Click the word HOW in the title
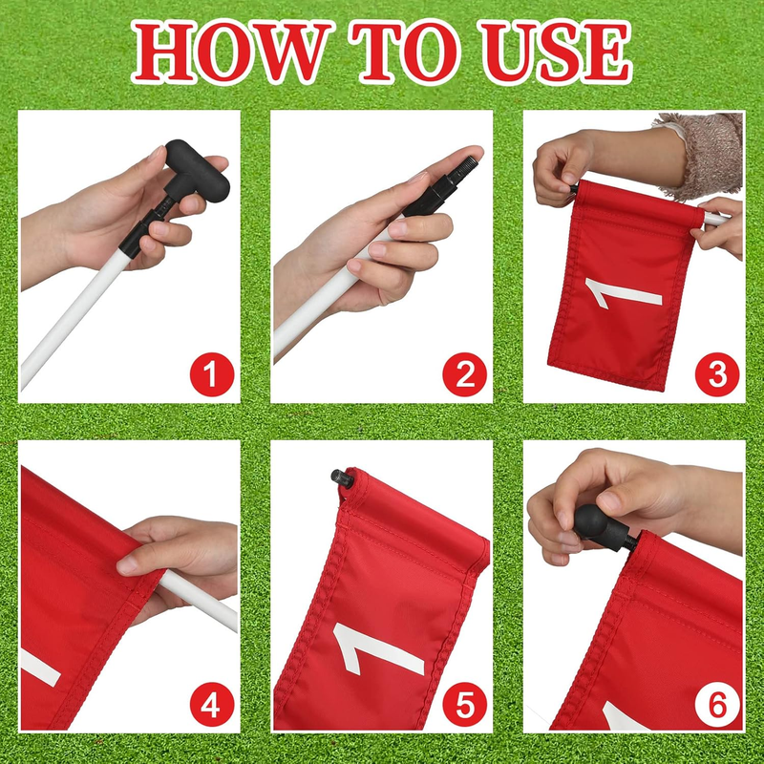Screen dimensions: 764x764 coord(230,52)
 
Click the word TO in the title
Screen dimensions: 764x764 coord(407,52)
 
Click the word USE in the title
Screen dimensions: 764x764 coord(556,52)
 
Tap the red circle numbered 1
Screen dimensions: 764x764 coord(212,374)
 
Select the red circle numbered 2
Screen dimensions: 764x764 coord(464,374)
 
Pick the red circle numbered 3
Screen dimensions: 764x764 coord(717,374)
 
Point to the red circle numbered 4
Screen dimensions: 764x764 coord(212,705)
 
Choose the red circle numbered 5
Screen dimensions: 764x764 coord(464,705)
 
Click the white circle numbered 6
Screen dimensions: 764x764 coord(717,705)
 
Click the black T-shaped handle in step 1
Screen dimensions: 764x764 coord(195,171)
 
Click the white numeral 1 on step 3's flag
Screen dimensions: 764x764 coord(623,292)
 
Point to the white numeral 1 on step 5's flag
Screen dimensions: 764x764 coord(377,649)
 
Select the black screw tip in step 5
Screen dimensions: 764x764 coord(343,478)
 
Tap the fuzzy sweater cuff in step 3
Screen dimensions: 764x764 coord(706,155)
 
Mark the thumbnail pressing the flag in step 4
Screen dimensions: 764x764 coord(127,564)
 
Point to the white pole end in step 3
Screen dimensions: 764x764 coord(716,219)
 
